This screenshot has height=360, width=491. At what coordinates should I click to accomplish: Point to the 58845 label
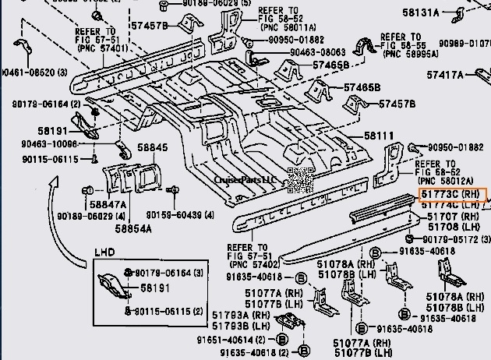click(153, 146)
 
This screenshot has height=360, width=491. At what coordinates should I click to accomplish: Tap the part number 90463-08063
click(319, 51)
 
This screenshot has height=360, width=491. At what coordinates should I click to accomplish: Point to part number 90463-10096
click(50, 144)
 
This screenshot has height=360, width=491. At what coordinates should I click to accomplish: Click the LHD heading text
click(104, 254)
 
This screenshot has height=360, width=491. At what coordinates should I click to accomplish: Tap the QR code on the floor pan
click(299, 179)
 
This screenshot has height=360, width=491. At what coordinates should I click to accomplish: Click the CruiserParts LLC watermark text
click(245, 179)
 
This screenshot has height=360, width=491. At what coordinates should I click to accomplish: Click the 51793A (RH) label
click(237, 315)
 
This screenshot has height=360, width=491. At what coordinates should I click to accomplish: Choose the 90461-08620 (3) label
click(34, 72)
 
